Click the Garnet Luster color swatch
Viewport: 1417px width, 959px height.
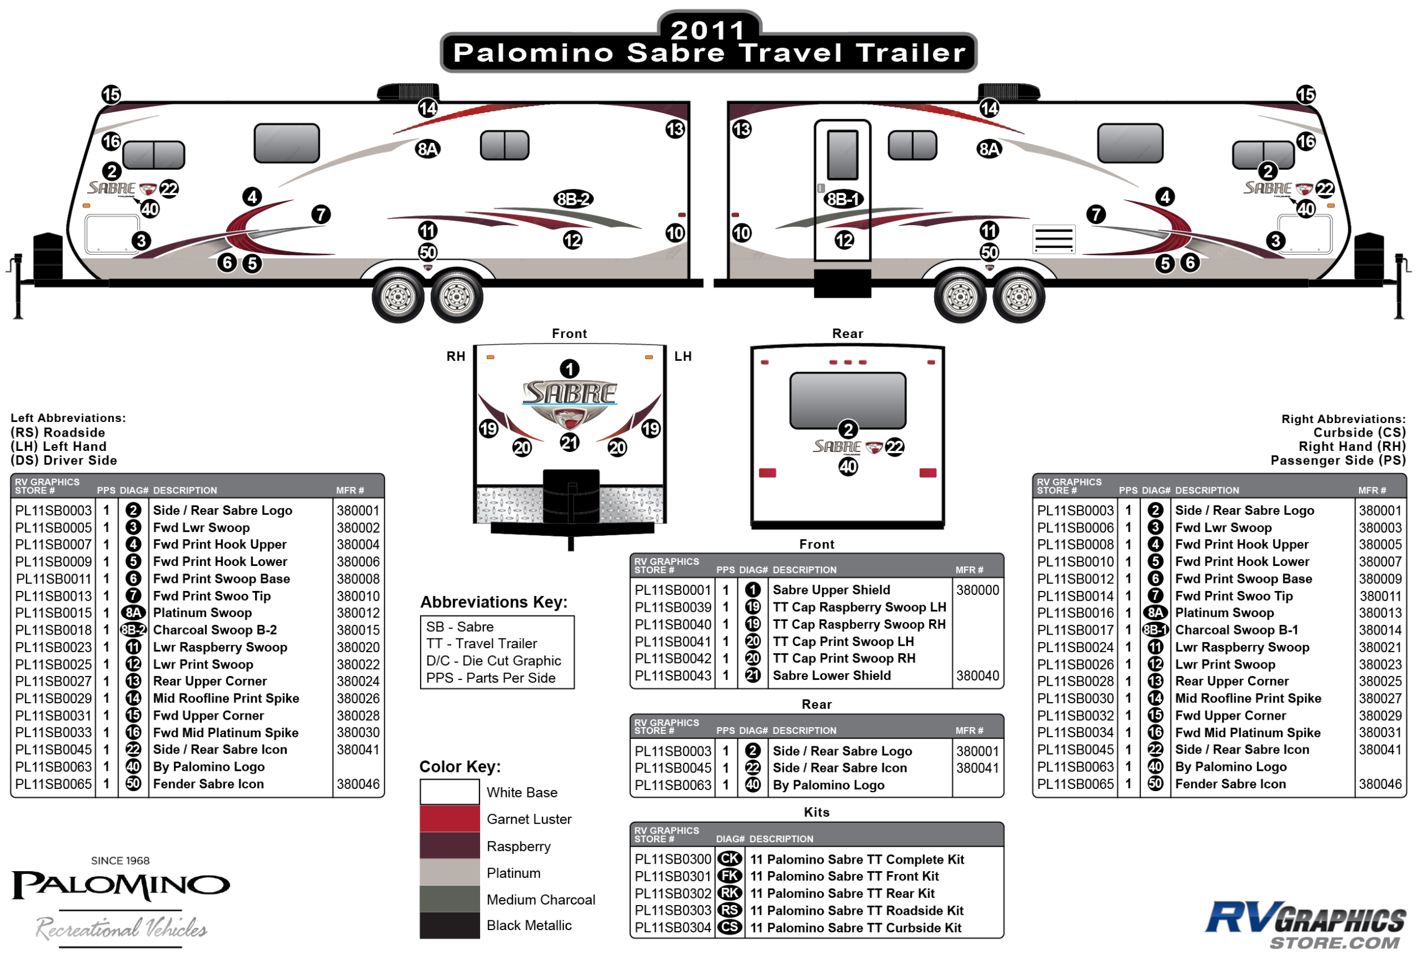pos(449,819)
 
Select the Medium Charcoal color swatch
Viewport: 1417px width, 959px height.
pos(449,899)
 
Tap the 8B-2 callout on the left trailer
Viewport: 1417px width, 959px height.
pos(573,199)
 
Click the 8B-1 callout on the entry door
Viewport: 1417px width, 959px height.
pos(843,199)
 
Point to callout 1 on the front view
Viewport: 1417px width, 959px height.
pos(570,369)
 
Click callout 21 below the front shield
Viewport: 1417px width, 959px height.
pos(570,442)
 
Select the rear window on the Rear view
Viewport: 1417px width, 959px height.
pos(847,400)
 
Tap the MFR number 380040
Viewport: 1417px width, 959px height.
pos(977,675)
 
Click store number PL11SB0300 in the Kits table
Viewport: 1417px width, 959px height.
pos(673,859)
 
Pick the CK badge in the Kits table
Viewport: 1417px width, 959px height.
pos(730,859)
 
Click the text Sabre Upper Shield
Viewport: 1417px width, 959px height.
pos(831,590)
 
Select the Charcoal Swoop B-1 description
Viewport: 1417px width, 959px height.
pos(1236,630)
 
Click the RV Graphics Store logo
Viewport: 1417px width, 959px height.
pos(1305,925)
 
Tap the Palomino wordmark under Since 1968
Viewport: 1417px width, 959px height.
pos(121,885)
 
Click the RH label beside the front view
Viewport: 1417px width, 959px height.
pos(456,356)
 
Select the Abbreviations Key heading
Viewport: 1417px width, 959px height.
pos(493,602)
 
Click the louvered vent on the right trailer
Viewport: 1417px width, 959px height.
pos(1053,239)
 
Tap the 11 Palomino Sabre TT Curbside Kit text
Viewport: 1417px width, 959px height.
pos(855,927)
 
